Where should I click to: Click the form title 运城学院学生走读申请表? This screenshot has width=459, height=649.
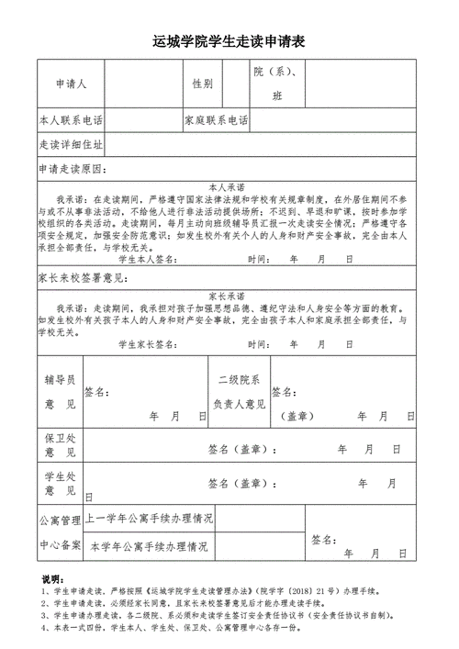(229, 42)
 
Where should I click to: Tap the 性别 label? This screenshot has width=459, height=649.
(202, 84)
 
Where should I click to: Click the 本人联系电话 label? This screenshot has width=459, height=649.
(71, 121)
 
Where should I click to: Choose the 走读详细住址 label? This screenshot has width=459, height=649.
(71, 146)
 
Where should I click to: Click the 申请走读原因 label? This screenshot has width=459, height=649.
(73, 170)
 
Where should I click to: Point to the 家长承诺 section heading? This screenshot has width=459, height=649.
(227, 297)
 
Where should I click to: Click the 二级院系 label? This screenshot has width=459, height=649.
(238, 379)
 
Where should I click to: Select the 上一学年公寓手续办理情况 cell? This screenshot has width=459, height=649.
(150, 519)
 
